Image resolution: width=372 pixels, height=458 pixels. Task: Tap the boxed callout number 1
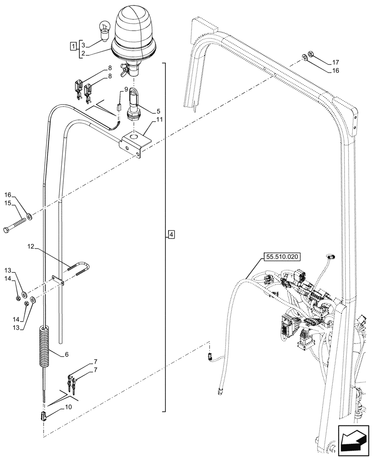pos(73,46)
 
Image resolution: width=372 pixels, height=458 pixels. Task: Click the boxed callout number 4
pos(171,235)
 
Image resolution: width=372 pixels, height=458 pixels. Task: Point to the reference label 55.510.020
pos(282,257)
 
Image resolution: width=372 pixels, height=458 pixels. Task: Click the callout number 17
pos(335,62)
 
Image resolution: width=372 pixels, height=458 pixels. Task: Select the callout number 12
pos(30,247)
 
